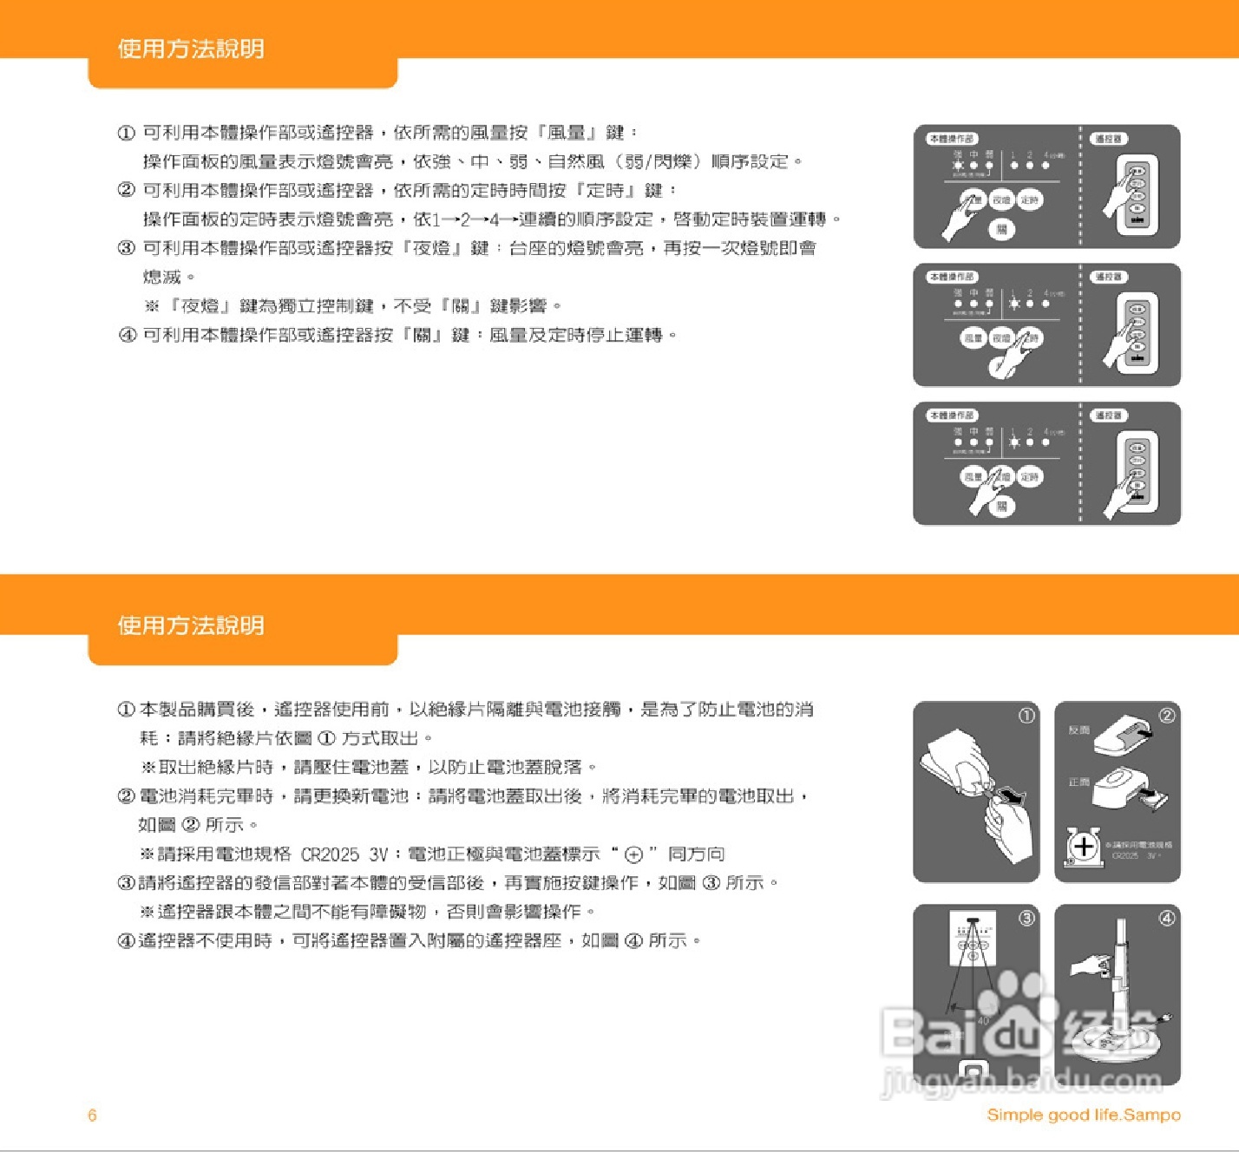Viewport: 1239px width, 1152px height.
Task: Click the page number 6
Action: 92,1116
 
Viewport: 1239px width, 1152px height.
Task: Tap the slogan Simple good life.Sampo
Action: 1083,1115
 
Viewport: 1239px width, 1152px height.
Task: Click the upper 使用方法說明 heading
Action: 191,49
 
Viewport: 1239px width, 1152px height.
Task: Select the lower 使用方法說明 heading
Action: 191,625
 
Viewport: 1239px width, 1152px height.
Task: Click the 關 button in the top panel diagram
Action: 1001,230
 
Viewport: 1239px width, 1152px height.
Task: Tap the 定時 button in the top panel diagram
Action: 1029,200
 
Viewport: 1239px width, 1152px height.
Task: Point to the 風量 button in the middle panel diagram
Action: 973,338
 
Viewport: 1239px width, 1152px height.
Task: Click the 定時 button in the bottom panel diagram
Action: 1029,477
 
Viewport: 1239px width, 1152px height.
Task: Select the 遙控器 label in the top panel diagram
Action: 1108,139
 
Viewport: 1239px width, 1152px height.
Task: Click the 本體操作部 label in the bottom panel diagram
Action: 952,416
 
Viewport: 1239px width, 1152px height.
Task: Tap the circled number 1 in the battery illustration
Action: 1026,716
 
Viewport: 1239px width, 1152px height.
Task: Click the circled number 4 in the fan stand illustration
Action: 1167,918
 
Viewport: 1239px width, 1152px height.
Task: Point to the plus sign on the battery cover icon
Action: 1084,845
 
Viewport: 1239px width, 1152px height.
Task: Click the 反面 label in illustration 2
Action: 1078,730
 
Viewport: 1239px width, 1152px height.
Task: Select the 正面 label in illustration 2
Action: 1078,782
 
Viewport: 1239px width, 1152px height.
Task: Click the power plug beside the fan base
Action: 1164,1019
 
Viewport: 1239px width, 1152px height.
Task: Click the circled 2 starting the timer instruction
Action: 127,190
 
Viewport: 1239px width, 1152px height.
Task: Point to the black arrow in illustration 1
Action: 1012,795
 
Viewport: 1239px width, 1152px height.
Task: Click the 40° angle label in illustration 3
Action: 983,1021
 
